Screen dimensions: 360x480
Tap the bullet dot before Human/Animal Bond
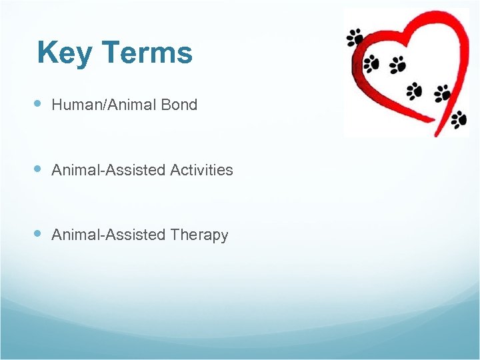point(38,104)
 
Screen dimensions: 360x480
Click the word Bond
point(179,105)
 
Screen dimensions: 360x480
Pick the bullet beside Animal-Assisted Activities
point(38,169)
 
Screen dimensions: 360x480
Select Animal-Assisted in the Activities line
point(109,170)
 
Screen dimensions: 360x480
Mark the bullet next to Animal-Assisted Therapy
point(38,234)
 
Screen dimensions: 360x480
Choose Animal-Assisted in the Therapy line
point(109,235)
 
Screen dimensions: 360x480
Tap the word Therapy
point(199,235)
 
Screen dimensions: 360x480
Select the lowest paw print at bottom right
point(459,119)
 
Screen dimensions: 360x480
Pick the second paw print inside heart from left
point(397,64)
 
